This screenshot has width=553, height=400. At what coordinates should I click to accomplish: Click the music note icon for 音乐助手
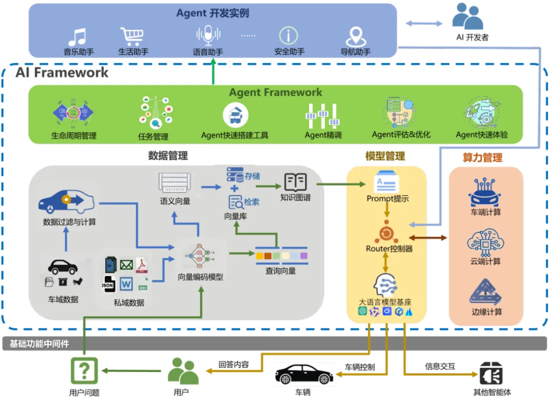(78, 37)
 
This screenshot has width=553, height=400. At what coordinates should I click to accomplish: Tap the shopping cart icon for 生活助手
(132, 36)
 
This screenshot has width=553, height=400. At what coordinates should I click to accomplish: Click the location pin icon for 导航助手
(355, 36)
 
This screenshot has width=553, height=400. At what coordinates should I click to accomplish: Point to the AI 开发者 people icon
(467, 17)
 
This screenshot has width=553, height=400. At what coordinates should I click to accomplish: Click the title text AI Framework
(62, 72)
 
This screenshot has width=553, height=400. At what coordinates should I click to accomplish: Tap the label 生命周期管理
(74, 136)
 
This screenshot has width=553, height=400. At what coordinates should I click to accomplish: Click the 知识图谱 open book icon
(295, 182)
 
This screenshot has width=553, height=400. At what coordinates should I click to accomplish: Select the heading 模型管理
(385, 156)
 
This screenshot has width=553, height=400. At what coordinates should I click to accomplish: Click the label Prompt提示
(388, 199)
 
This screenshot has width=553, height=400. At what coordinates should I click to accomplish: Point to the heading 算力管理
(482, 158)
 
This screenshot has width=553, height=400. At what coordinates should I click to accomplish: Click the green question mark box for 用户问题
(83, 370)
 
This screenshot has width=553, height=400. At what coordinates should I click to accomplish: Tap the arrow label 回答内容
(233, 365)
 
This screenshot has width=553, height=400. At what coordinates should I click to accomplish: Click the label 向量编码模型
(200, 277)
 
